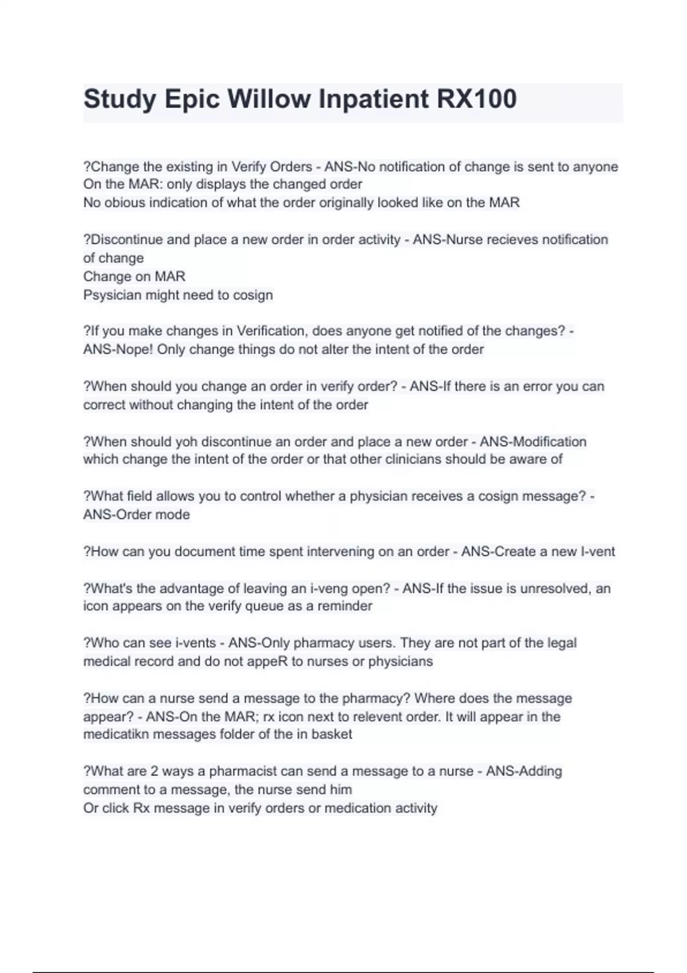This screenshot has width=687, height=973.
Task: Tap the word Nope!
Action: (x=134, y=350)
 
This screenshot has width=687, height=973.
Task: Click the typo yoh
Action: (x=185, y=442)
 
